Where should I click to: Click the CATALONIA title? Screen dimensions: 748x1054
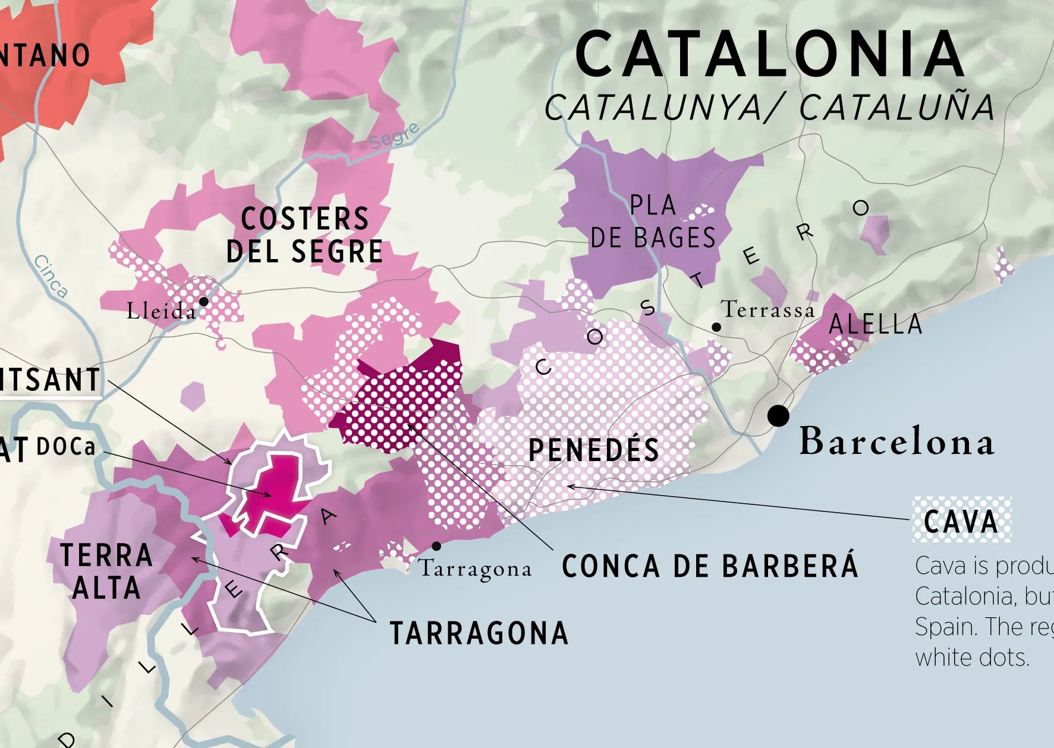tap(769, 55)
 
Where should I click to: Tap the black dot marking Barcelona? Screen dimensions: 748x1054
tap(778, 415)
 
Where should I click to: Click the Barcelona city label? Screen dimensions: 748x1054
tap(896, 441)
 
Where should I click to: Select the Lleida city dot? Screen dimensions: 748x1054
tap(203, 301)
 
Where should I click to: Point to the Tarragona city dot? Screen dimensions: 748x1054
tap(436, 546)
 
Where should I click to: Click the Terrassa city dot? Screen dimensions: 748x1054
tap(716, 327)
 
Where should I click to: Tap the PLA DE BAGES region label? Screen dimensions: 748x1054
tap(653, 222)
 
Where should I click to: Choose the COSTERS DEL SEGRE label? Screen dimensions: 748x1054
tap(304, 235)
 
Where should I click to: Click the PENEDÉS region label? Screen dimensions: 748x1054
tap(594, 450)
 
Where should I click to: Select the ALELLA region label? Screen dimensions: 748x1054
tap(875, 324)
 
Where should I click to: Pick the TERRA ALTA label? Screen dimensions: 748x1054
tap(106, 572)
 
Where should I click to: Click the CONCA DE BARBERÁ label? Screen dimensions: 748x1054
tap(710, 566)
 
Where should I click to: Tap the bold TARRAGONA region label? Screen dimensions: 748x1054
tap(479, 633)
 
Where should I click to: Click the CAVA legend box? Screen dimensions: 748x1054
tap(961, 520)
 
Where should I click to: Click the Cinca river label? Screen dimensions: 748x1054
tap(51, 276)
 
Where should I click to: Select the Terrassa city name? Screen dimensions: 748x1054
tap(767, 310)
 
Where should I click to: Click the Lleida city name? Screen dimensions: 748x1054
tap(161, 311)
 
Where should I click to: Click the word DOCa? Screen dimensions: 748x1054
tap(65, 447)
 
